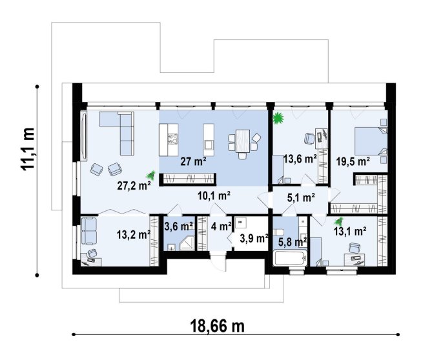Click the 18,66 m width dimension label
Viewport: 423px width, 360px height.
(x=218, y=326)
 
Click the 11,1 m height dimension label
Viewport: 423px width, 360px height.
(x=28, y=148)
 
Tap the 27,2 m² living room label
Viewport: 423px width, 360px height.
(x=134, y=185)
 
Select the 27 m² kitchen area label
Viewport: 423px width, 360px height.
(x=194, y=161)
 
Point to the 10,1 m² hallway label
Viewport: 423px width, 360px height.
(x=214, y=196)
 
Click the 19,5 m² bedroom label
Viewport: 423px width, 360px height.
(x=353, y=161)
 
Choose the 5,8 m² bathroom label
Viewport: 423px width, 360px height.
(x=293, y=242)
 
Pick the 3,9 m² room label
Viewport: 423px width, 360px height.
(x=254, y=238)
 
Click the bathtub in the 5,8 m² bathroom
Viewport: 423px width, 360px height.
(x=290, y=258)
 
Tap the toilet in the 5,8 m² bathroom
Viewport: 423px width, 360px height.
(x=278, y=232)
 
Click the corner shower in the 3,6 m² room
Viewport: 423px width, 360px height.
(x=187, y=243)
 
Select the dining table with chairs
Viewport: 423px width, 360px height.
(x=243, y=143)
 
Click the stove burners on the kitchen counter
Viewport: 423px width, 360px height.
(x=172, y=139)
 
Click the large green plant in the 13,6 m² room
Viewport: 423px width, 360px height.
(x=278, y=118)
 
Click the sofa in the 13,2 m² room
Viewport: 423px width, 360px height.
(x=89, y=231)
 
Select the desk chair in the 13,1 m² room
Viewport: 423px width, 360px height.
(x=355, y=248)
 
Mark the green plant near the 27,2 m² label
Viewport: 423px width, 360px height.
(x=151, y=175)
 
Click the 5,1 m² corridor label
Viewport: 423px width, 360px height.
(x=301, y=198)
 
